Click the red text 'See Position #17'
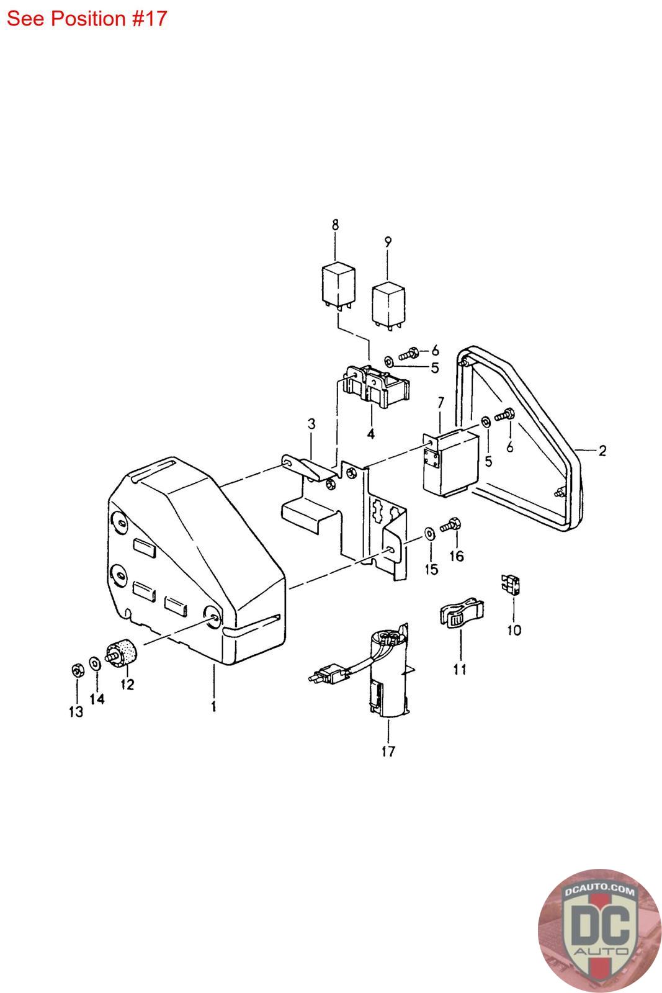pyautogui.click(x=86, y=19)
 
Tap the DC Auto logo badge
pyautogui.click(x=599, y=930)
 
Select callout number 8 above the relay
pyautogui.click(x=335, y=225)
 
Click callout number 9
pyautogui.click(x=388, y=243)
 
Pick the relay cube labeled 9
pyautogui.click(x=388, y=305)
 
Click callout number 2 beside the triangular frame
pyautogui.click(x=602, y=451)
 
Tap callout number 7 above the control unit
pyautogui.click(x=441, y=403)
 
